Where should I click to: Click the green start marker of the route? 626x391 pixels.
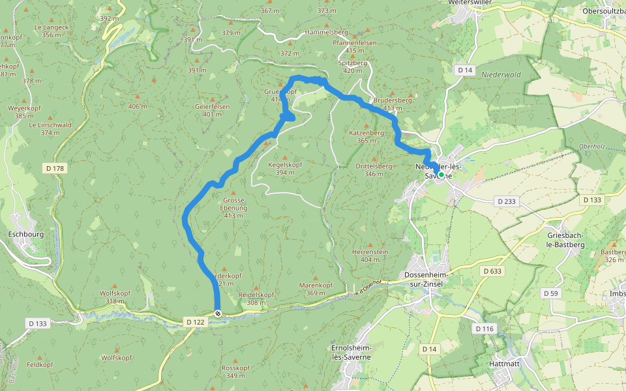point(441,175)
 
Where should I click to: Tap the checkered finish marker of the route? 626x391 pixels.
point(218,313)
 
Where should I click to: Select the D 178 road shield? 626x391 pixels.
point(55,169)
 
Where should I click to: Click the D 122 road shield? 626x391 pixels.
point(196,322)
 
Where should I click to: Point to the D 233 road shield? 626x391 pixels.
point(505,201)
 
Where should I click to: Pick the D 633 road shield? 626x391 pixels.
point(494,270)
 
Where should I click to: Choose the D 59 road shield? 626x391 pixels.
point(552,294)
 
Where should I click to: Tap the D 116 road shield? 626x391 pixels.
point(484,328)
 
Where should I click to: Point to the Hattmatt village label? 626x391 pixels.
point(504,364)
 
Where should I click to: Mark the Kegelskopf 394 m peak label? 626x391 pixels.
point(286,169)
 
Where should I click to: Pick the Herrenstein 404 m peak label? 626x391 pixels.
point(370,255)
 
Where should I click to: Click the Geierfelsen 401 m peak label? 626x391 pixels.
point(212,110)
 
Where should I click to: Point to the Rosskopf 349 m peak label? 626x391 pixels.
point(235,371)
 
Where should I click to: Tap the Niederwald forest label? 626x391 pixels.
point(501,75)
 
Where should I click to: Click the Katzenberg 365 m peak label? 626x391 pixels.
point(366,136)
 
